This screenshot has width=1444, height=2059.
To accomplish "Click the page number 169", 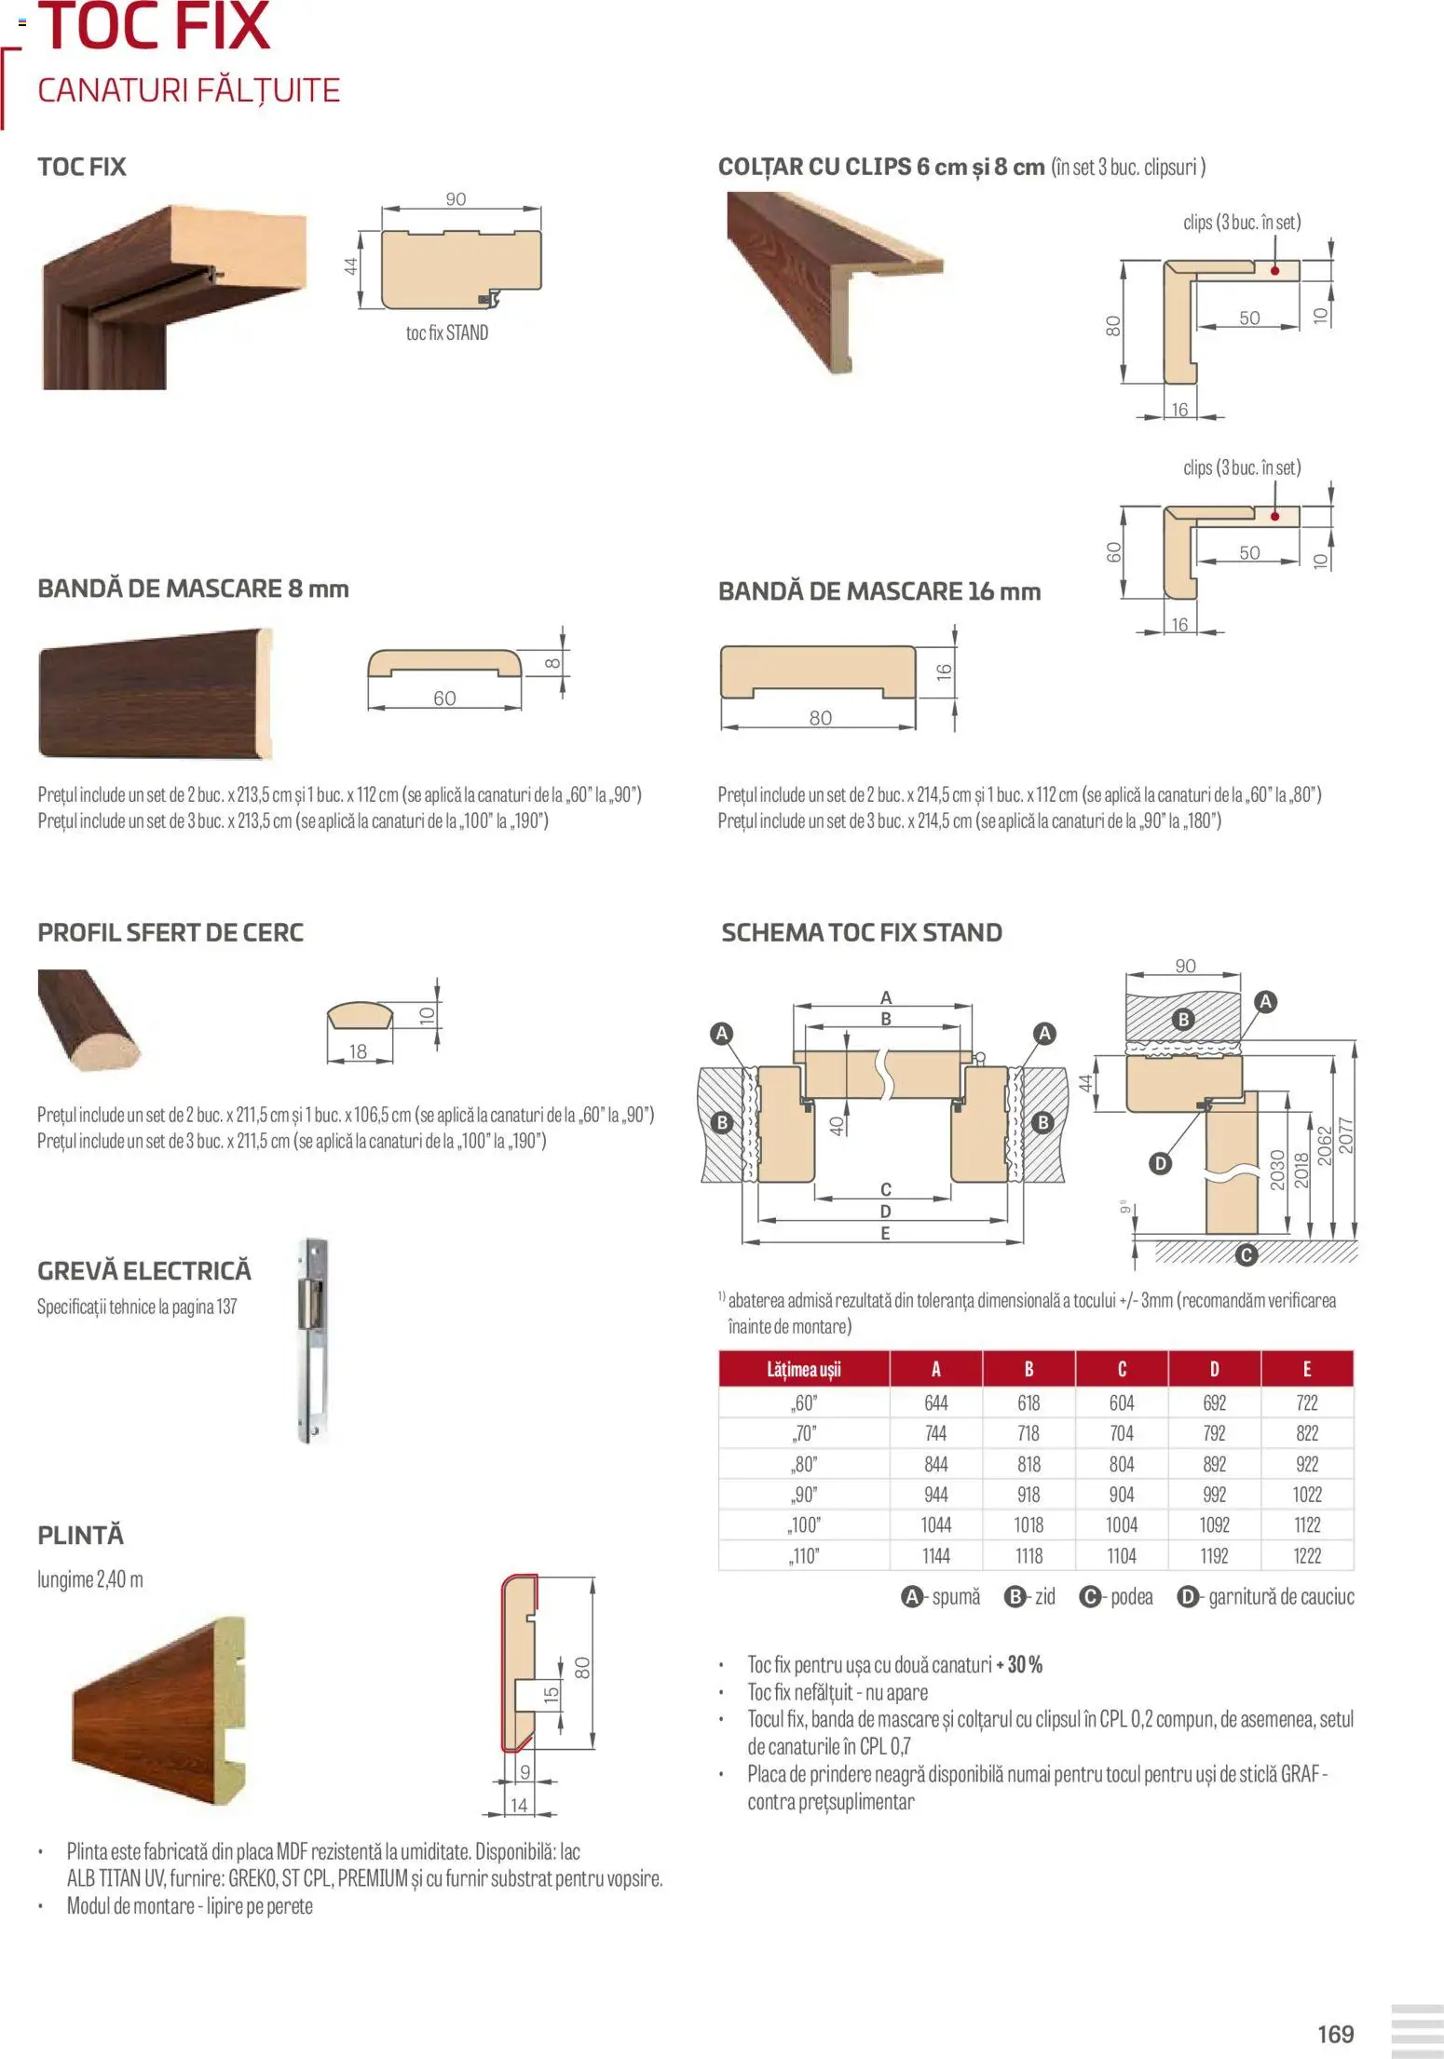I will [1335, 2033].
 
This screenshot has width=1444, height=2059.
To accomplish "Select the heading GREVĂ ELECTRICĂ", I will [144, 1270].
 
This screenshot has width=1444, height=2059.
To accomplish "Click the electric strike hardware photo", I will [313, 1340].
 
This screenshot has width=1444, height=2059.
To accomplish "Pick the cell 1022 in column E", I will [1306, 1495].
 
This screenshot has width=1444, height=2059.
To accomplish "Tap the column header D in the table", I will [1214, 1369].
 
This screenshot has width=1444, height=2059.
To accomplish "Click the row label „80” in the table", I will [804, 1464].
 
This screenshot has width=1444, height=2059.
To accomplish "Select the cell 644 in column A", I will [935, 1403].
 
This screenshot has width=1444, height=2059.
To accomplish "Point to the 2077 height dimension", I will [1346, 1135].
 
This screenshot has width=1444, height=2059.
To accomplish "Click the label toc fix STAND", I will [446, 332].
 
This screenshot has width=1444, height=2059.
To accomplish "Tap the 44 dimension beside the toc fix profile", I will [351, 265].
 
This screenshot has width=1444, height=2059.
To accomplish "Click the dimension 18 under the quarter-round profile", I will [358, 1051].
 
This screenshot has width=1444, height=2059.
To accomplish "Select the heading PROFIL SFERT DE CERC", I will [170, 932].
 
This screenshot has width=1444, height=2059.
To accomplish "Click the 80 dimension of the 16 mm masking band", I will [820, 718].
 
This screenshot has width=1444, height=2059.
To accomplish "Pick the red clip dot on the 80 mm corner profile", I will [1274, 270].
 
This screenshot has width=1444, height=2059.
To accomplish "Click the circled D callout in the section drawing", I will [1160, 1163].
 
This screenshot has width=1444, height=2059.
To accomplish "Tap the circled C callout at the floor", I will [1246, 1255].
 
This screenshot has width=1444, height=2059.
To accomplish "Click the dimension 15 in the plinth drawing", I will [551, 1694].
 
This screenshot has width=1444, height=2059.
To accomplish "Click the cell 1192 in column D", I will [1214, 1555].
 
